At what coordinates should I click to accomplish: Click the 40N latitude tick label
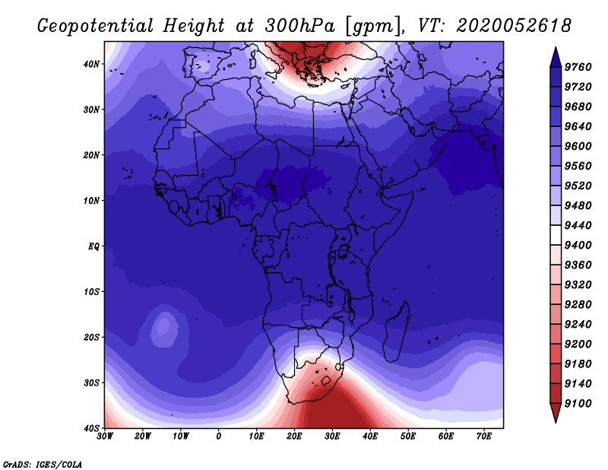pyautogui.click(x=91, y=64)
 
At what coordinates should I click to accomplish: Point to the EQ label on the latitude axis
pyautogui.click(x=93, y=246)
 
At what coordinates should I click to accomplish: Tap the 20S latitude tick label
pyautogui.click(x=91, y=337)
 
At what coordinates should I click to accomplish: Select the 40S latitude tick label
pyautogui.click(x=91, y=428)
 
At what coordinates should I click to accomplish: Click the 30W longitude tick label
pyautogui.click(x=105, y=437)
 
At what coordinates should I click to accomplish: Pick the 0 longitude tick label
pyautogui.click(x=219, y=437)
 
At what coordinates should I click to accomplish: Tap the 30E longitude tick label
pyautogui.click(x=332, y=437)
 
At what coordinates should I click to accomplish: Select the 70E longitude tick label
pyautogui.click(x=484, y=437)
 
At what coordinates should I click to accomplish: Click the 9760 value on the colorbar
pyautogui.click(x=578, y=67)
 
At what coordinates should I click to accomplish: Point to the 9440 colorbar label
pyautogui.click(x=578, y=225)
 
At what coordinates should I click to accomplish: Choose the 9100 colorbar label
pyautogui.click(x=578, y=404)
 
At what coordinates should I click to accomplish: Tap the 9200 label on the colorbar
pyautogui.click(x=578, y=345)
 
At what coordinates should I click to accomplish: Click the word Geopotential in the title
pyautogui.click(x=96, y=27)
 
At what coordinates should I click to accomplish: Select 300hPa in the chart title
pyautogui.click(x=299, y=26)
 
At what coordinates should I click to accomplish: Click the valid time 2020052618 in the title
pyautogui.click(x=513, y=26)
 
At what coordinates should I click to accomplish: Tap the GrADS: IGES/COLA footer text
pyautogui.click(x=43, y=465)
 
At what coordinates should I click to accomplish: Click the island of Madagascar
pyautogui.click(x=397, y=332)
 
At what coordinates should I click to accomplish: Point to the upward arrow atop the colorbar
pyautogui.click(x=556, y=57)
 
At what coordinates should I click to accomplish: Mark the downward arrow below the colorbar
pyautogui.click(x=556, y=413)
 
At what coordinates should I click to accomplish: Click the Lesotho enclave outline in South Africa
pyautogui.click(x=326, y=381)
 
